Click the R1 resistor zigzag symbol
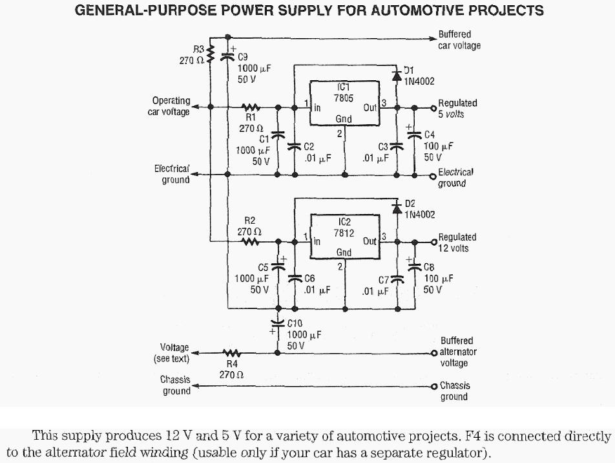tap(250, 107)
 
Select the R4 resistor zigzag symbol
tap(231, 353)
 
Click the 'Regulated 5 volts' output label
tap(457, 109)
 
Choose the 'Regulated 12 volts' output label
tap(457, 242)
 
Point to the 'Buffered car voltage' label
tap(459, 40)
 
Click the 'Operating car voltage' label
tap(171, 106)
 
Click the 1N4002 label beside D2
tap(420, 215)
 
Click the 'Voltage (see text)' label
tap(171, 353)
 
